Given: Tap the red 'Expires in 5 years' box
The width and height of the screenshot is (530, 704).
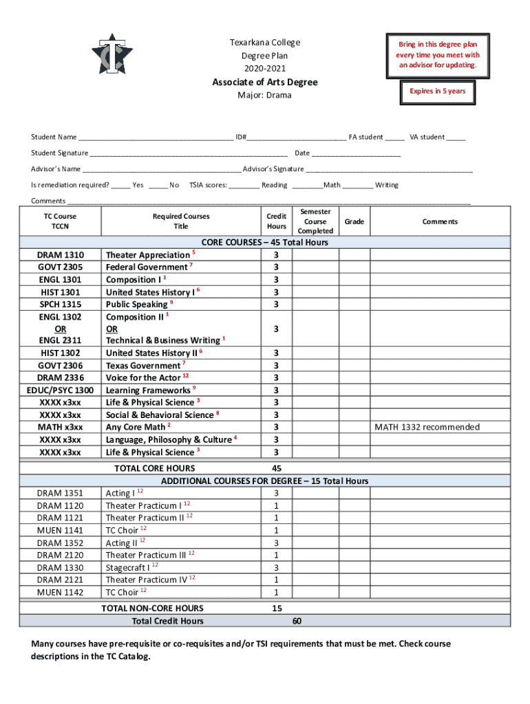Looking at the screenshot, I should [437, 91].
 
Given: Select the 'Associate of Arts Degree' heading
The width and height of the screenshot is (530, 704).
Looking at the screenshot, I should [264, 82].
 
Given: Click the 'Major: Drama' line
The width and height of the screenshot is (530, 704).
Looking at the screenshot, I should [264, 96].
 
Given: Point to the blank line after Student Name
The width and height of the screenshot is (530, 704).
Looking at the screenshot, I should [156, 137].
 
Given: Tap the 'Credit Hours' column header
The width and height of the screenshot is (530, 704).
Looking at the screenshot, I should [276, 221].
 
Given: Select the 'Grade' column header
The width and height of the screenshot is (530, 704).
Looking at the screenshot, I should [354, 221].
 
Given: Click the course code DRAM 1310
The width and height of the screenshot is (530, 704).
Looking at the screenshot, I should [61, 255].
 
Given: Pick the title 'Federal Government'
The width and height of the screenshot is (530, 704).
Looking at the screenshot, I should [146, 267].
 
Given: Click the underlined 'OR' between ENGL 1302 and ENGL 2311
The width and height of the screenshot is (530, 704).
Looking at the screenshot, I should [61, 329].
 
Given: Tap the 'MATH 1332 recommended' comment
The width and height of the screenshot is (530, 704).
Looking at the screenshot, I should [427, 428].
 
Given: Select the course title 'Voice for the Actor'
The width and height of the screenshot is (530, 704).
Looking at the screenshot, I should [143, 378].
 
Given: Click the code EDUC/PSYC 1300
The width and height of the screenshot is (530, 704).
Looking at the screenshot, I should [61, 390].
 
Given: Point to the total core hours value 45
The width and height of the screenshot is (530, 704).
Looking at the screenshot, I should [277, 468].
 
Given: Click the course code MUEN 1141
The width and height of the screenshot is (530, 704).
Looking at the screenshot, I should [60, 530].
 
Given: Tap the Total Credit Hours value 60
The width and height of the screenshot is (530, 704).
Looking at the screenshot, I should [296, 621].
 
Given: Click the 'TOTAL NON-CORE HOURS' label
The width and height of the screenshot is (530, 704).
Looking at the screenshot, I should [152, 608].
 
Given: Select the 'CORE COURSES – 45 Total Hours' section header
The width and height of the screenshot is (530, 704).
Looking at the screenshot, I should [264, 242].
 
